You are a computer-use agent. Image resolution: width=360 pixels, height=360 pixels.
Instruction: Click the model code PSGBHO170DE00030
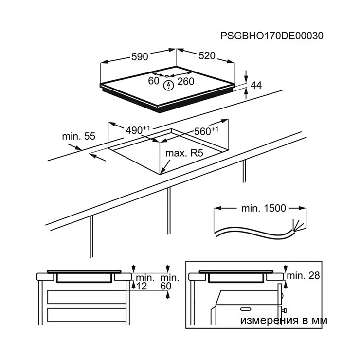point(272,36)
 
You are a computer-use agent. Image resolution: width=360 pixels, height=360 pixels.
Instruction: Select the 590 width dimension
point(140,56)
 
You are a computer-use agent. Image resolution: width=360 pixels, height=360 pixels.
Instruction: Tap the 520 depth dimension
point(207,56)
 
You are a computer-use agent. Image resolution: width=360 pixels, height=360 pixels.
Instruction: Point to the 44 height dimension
point(256,85)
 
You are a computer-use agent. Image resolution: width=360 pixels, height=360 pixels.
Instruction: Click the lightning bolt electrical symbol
point(169,86)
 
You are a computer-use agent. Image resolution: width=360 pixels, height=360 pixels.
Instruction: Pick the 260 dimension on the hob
point(186,81)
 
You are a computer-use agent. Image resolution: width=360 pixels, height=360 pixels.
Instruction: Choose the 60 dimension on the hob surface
point(154,81)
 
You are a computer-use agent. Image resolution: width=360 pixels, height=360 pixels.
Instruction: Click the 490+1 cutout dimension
point(138,130)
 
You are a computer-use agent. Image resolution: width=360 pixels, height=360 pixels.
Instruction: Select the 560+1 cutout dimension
point(206,131)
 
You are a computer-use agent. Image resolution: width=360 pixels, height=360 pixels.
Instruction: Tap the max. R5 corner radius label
point(184,153)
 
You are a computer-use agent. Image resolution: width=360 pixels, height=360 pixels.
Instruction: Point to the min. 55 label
point(78,136)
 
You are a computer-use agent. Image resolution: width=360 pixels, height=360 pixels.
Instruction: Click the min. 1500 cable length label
point(264,208)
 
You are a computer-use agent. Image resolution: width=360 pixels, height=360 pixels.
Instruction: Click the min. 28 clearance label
point(303,275)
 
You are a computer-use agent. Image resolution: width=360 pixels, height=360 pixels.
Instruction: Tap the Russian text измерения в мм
point(284,320)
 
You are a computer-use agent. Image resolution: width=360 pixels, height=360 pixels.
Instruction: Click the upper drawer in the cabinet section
point(87,297)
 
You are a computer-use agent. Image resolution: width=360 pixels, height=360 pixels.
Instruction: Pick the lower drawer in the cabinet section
point(87,315)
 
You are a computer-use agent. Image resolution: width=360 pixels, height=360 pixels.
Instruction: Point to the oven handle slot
point(246,309)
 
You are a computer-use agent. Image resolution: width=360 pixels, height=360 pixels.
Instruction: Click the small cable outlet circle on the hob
point(167,76)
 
